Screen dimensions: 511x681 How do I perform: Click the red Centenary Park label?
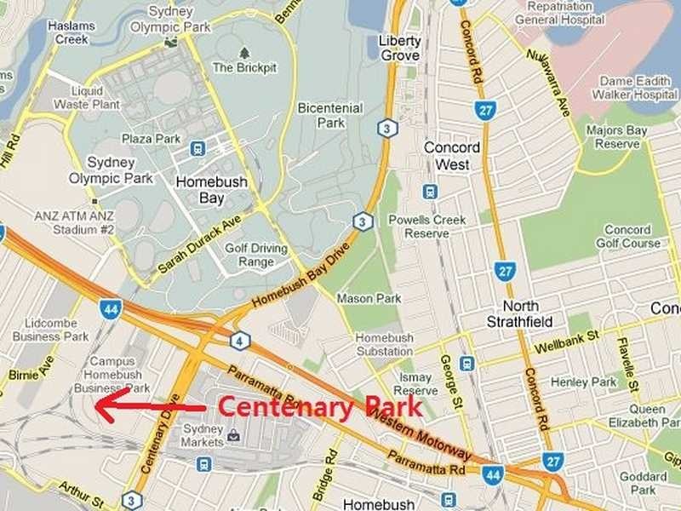point(319,407)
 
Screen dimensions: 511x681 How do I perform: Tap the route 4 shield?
point(240,342)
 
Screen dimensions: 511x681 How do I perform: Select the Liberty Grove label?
point(399,49)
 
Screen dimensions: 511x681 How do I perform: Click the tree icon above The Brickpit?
point(245,53)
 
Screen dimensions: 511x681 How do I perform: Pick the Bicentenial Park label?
point(330,116)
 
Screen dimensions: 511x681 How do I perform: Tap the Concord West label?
point(452,156)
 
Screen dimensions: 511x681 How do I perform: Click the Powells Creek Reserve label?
point(426,227)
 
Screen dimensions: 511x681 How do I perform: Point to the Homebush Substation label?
point(384,344)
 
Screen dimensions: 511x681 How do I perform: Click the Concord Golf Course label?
point(632,237)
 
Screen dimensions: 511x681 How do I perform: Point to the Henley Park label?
point(583,382)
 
